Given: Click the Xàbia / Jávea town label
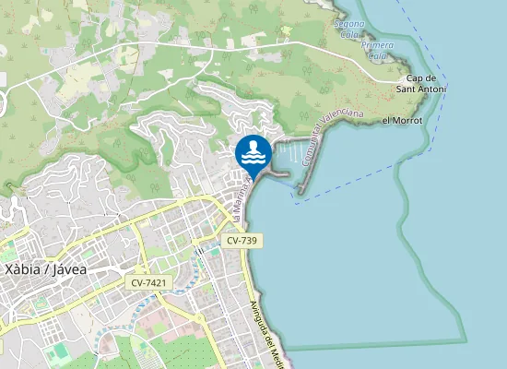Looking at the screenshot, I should tap(46, 270).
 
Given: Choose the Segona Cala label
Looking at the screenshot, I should tap(349, 28).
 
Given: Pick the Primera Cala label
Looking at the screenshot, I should tap(378, 50).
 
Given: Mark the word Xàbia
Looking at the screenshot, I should tap(22, 270).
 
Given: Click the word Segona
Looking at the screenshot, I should tap(349, 23).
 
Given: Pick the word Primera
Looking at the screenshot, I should tap(378, 44).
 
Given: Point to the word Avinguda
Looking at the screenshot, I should tap(258, 319).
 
